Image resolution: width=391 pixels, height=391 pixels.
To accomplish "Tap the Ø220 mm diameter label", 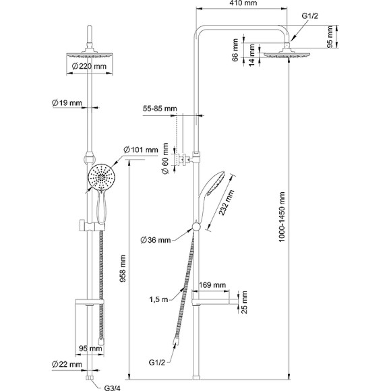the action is (x=89, y=66).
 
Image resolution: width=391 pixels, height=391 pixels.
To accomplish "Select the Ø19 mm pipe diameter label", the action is (x=67, y=102).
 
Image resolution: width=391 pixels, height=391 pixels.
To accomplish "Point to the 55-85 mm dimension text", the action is (x=160, y=109).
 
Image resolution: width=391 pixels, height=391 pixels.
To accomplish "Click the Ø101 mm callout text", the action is (x=141, y=150).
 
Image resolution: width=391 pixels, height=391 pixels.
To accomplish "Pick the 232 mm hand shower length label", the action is (x=227, y=202).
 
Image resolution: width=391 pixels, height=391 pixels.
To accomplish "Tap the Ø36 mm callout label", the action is (x=156, y=240).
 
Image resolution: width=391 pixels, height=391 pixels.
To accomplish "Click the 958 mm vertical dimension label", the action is (x=123, y=268).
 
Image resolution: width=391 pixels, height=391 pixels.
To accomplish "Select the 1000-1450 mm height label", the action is (x=282, y=216).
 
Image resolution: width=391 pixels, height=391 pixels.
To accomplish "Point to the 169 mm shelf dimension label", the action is (x=212, y=284).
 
